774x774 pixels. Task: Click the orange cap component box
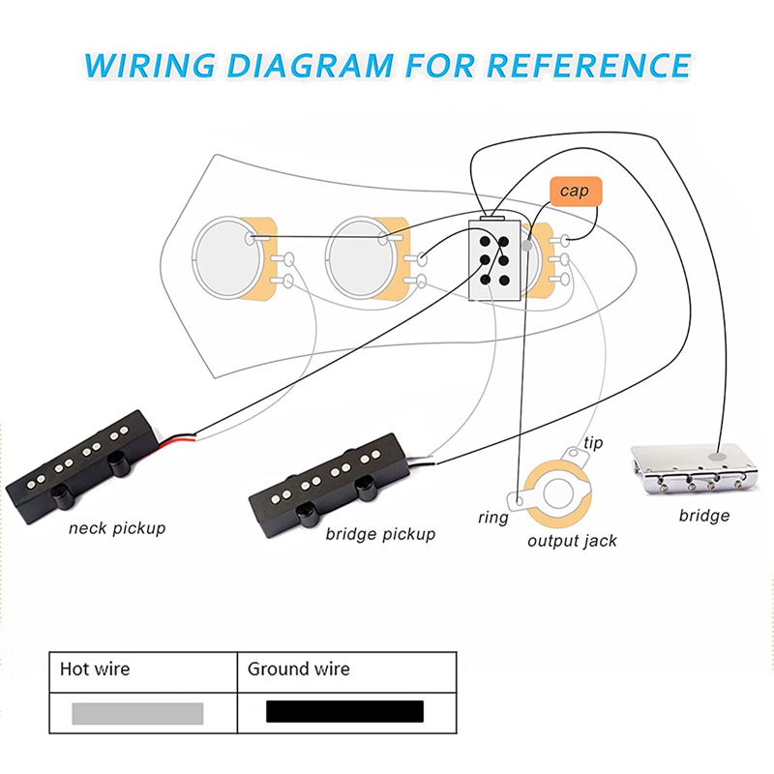point(575,191)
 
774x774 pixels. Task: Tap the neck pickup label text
point(117,528)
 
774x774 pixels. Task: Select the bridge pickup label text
point(380,534)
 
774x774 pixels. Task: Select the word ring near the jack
point(492,518)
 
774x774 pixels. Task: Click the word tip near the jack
point(593,443)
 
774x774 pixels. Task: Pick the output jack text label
point(572,541)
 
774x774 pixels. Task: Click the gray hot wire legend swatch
point(137,713)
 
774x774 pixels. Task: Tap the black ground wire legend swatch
point(344,712)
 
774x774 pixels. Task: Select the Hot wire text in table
point(95,669)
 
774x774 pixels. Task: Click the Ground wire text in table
point(299,669)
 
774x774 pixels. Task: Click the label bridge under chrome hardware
point(703,516)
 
